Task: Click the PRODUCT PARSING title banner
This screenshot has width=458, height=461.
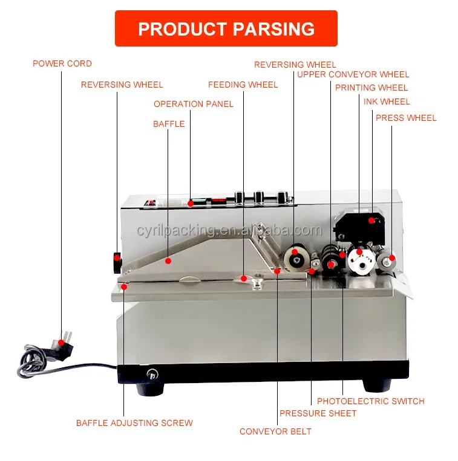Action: click(226, 28)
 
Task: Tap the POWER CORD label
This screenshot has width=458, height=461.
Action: click(62, 63)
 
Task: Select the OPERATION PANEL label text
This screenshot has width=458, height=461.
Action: click(194, 104)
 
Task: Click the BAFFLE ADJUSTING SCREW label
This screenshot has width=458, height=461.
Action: click(134, 423)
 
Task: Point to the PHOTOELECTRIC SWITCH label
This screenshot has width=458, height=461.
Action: click(371, 401)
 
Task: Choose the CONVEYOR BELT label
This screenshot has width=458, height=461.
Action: click(275, 431)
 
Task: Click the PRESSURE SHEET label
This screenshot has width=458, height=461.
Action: click(318, 413)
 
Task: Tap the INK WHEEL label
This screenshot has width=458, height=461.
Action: click(387, 102)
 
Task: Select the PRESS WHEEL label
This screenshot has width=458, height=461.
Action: click(406, 118)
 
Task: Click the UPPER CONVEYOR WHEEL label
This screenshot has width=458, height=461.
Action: click(353, 74)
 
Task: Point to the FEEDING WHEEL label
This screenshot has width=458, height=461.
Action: click(243, 85)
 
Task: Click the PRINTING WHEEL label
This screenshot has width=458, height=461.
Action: click(371, 88)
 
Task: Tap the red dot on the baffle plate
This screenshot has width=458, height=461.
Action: click(169, 261)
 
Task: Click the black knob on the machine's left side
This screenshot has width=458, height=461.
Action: click(116, 260)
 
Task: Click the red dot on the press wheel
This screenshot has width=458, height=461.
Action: click(391, 258)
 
